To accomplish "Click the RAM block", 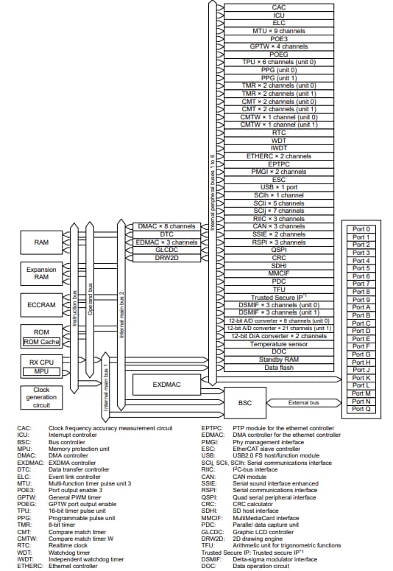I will tap(41, 242).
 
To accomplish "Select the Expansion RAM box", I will tap(41, 274).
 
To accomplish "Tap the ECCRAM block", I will tap(41, 304).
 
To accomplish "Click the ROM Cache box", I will tap(41, 341).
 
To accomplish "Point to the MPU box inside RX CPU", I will tap(41, 371).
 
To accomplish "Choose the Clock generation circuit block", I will tap(41, 397).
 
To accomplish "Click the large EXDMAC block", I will tap(166, 384).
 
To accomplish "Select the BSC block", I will tap(245, 403).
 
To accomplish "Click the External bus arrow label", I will tap(302, 403).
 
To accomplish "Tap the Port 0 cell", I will tap(361, 229).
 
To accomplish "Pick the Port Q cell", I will tap(361, 409).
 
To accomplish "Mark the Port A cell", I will tap(361, 307).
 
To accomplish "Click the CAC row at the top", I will tap(279, 7).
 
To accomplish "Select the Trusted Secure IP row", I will tap(279, 296).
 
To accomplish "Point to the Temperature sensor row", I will tap(279, 343).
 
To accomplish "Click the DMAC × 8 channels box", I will tap(167, 226).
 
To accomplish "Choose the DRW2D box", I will tap(167, 257).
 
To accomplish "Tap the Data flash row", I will tap(279, 367).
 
